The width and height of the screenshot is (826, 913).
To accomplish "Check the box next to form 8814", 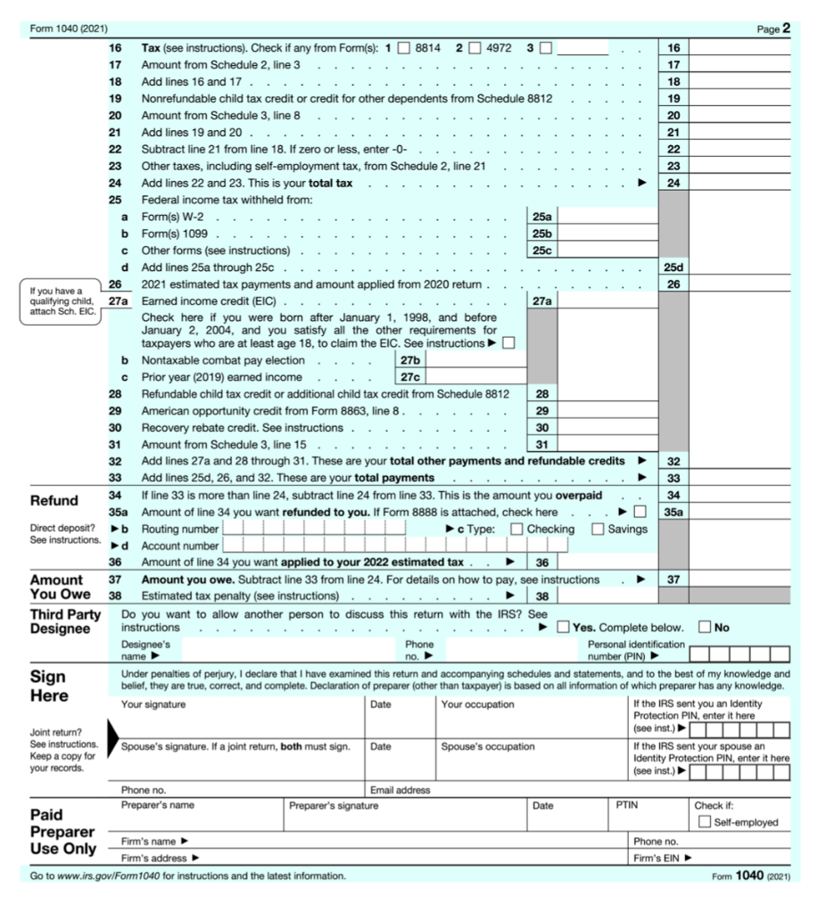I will [403, 46].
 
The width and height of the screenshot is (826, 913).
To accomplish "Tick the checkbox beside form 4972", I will [474, 46].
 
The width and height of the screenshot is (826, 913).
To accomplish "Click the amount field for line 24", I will [739, 184].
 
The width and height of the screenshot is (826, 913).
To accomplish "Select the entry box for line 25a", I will [607, 217].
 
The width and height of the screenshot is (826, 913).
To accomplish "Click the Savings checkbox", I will [598, 529].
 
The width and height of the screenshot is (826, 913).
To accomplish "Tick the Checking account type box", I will [516, 529].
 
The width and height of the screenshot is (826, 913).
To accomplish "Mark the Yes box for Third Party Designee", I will [563, 628].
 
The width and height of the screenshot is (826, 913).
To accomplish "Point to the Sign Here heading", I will [54, 687].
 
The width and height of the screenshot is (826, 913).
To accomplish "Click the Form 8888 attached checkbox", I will [638, 513].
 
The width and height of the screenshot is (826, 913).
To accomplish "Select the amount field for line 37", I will [739, 580].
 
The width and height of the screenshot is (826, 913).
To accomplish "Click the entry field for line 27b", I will [476, 360].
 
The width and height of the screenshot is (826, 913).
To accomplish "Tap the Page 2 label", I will [772, 29].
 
